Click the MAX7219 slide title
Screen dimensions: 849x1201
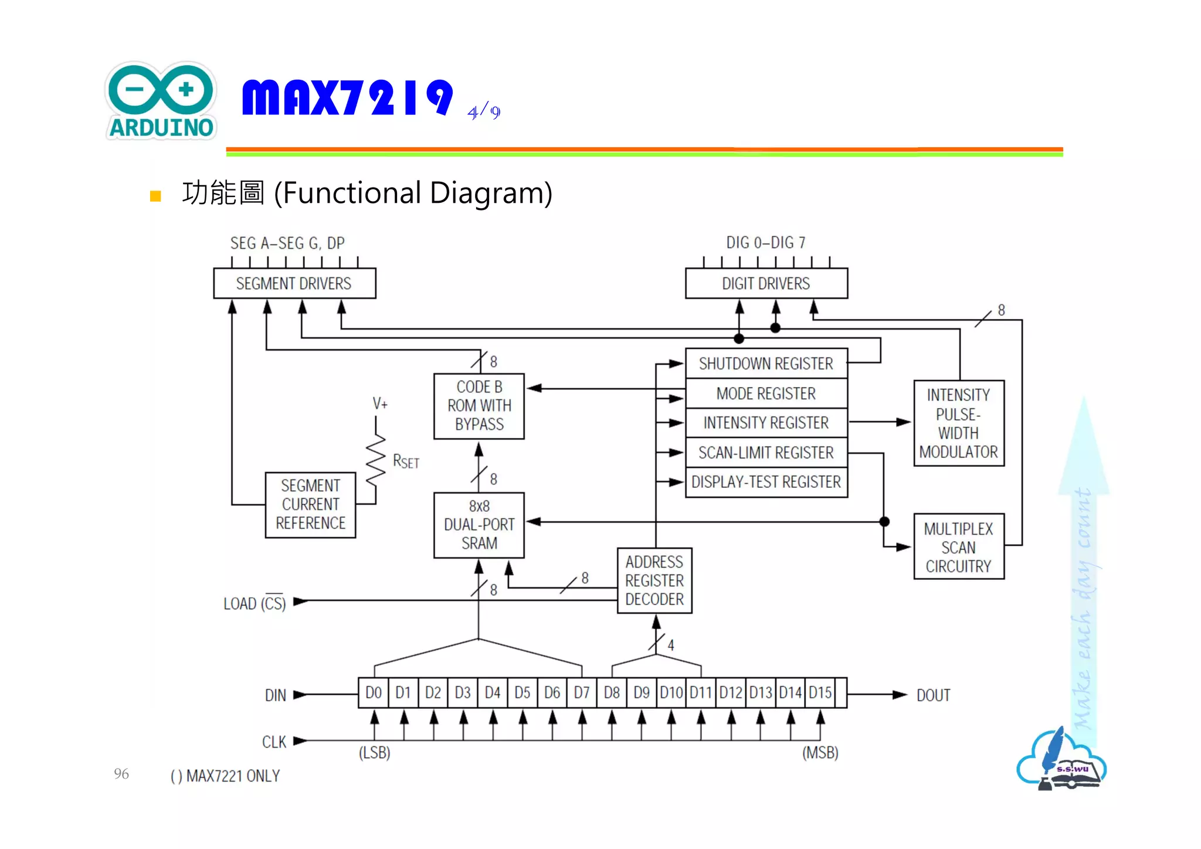point(347,97)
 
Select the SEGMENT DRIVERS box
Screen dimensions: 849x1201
point(294,284)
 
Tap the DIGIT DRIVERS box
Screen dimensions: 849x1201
point(766,284)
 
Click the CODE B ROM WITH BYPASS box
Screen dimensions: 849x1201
point(479,406)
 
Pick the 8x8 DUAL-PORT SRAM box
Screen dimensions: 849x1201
point(479,525)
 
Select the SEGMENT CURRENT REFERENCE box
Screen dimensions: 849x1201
point(310,505)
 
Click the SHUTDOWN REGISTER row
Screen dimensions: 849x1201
point(766,364)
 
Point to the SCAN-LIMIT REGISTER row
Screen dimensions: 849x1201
point(766,453)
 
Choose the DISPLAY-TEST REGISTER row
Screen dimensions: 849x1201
point(766,482)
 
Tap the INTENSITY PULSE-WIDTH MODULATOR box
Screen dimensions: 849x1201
point(958,423)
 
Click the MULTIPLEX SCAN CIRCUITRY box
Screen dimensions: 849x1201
point(958,547)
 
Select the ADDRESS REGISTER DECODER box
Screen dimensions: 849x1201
point(654,580)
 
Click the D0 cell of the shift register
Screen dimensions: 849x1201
point(374,693)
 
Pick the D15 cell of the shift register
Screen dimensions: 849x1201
point(820,693)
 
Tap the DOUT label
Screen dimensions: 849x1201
point(933,695)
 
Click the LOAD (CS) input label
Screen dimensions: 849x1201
point(255,603)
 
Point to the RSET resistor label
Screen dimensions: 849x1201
point(406,461)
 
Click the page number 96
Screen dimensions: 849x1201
point(121,773)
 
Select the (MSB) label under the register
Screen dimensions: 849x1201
point(820,753)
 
